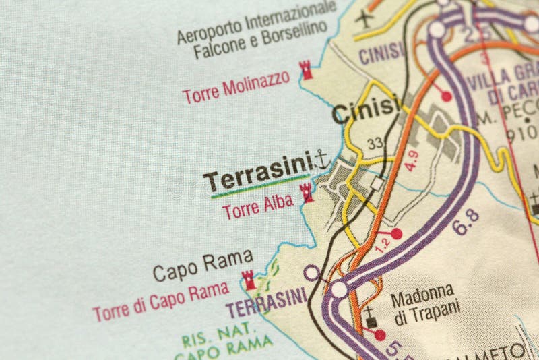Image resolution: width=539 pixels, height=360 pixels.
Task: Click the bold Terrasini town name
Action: [258, 179]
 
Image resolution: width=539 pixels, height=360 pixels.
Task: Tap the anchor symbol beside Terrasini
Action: [321, 160]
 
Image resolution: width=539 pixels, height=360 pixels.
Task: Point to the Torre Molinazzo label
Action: [236, 87]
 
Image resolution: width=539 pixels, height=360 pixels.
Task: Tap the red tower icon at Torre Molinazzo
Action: [307, 70]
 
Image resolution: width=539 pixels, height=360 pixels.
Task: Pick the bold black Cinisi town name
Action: [366, 111]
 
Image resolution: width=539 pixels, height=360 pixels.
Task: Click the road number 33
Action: [375, 142]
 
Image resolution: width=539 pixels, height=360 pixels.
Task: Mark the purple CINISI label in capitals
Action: [381, 51]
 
